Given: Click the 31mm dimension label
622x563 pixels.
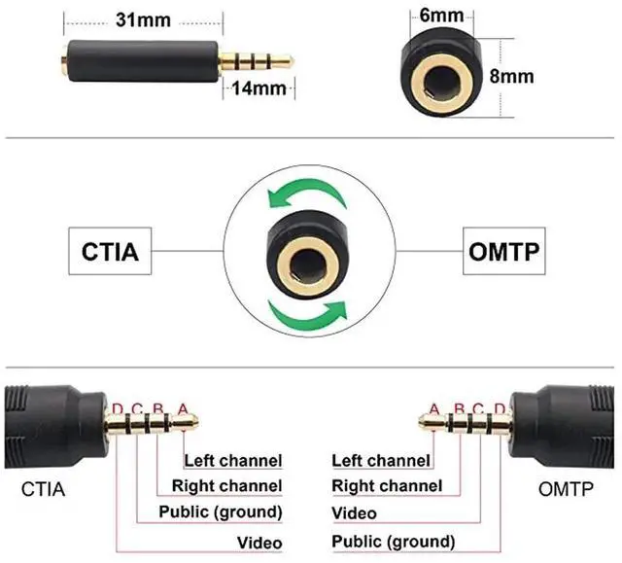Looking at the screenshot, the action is tap(143, 19).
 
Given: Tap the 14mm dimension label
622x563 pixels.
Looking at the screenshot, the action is tap(259, 88).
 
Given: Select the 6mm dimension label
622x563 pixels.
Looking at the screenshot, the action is tap(441, 16).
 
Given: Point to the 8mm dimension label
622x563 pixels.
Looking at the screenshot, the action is tap(511, 76).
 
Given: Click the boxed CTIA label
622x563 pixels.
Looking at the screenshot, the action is tap(110, 251).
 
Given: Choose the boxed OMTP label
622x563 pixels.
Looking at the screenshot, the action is tap(504, 251).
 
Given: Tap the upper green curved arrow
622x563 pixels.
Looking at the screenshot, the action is tap(306, 193).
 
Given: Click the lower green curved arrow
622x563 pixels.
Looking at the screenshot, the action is tap(307, 315).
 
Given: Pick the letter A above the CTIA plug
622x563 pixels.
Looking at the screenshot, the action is tap(183, 409).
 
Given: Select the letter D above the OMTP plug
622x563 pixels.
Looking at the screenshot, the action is tap(500, 409).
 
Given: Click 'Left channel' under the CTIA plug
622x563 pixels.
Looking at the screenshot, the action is tap(233, 461).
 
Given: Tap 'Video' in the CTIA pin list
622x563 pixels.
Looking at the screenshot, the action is tap(259, 543).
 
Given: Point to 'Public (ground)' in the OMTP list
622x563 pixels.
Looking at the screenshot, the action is tap(393, 542).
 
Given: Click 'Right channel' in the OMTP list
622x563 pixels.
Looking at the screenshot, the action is tap(387, 486).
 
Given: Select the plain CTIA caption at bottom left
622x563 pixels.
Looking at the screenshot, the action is tap(43, 489).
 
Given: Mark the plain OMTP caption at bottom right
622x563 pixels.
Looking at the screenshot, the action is tap(566, 489).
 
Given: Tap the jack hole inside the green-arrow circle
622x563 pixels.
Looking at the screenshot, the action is tap(308, 265).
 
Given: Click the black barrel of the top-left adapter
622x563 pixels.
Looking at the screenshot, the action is tap(143, 61).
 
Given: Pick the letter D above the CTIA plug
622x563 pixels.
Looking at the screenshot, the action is tap(118, 409).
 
